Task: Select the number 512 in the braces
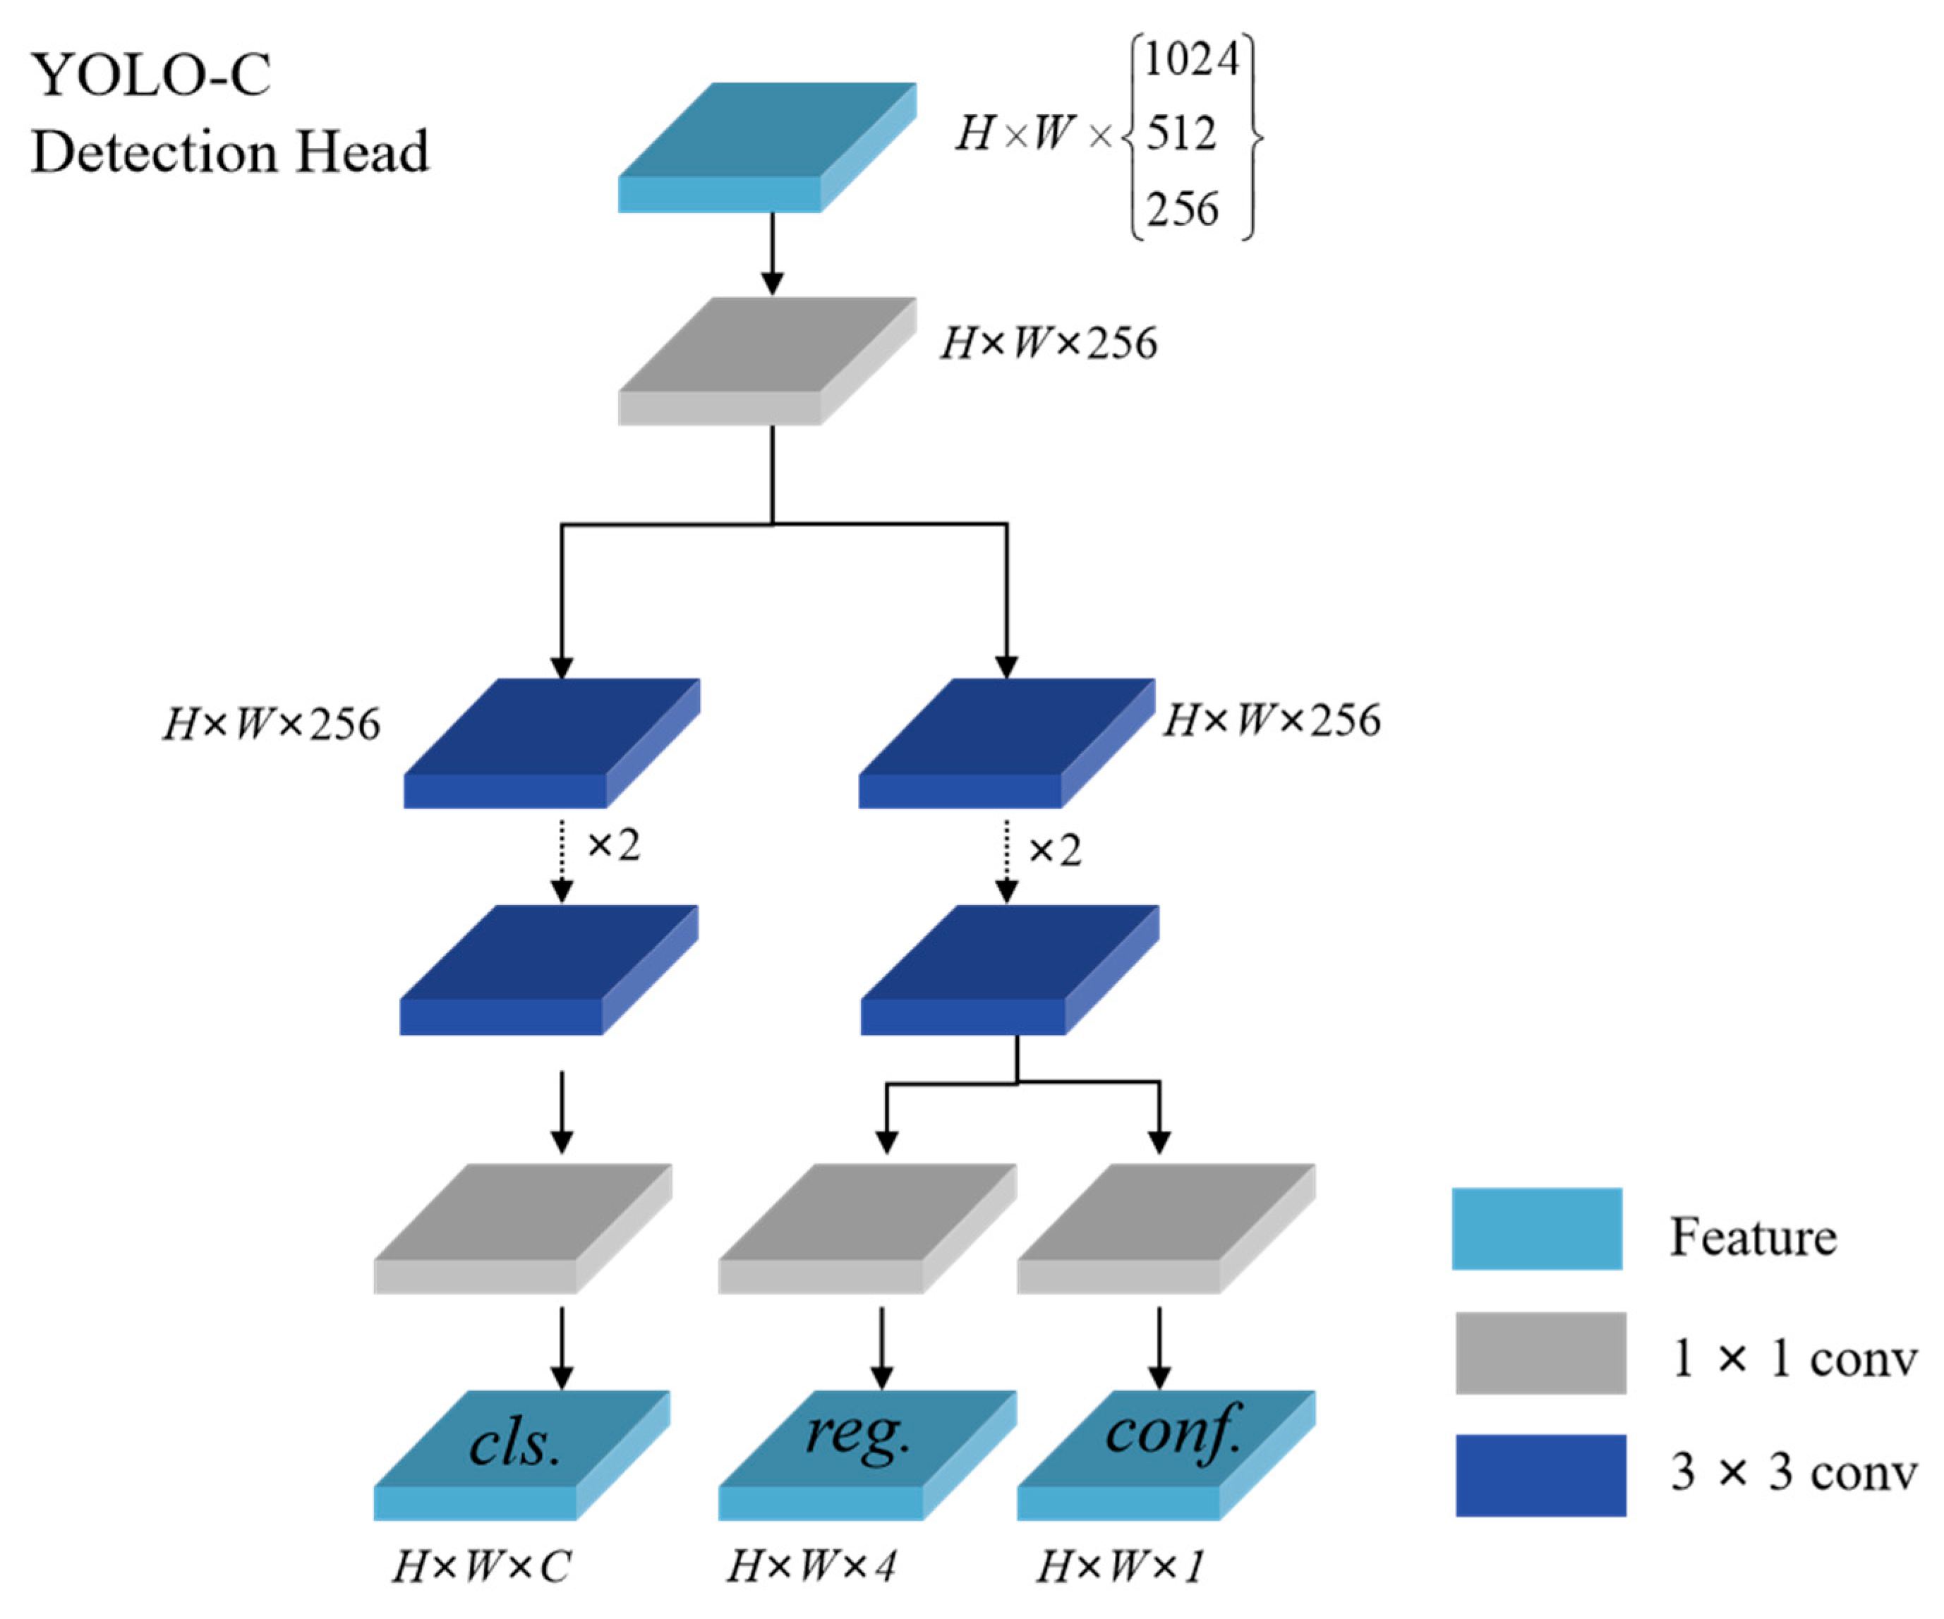click(x=1181, y=134)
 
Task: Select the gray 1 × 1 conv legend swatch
click(x=1540, y=1352)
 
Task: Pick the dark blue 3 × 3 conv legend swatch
click(x=1540, y=1474)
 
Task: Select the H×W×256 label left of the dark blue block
click(x=271, y=724)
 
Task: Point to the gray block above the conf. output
click(x=1166, y=1228)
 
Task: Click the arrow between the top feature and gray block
click(x=772, y=254)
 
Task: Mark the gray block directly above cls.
click(x=521, y=1228)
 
